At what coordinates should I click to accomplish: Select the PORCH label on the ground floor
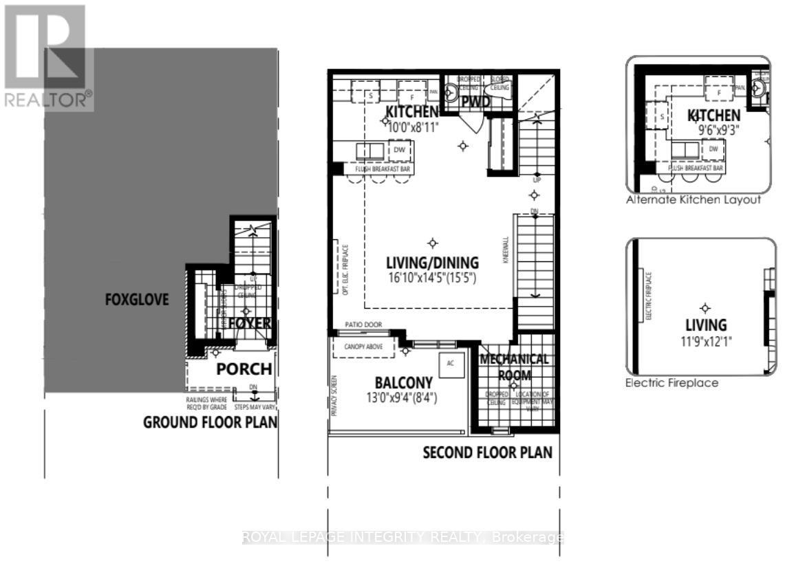coord(244,369)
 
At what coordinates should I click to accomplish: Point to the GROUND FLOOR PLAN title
coord(210,422)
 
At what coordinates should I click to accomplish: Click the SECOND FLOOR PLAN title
coord(487,452)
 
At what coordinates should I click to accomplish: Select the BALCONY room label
coord(404,383)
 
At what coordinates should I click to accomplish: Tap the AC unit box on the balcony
coord(451,363)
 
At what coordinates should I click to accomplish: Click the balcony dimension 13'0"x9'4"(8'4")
coord(404,397)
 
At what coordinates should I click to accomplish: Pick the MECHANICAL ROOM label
coord(515,367)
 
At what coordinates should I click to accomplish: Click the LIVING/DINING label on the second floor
coord(432,263)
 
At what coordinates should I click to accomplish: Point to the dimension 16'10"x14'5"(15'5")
coord(432,278)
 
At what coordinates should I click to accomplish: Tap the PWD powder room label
coord(475,102)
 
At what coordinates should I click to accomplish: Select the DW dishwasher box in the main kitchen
coord(399,149)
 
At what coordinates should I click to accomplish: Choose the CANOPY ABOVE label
coord(363,347)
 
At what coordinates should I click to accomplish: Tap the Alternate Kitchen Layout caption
coord(694,200)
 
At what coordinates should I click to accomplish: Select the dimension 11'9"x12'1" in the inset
coord(706,340)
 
